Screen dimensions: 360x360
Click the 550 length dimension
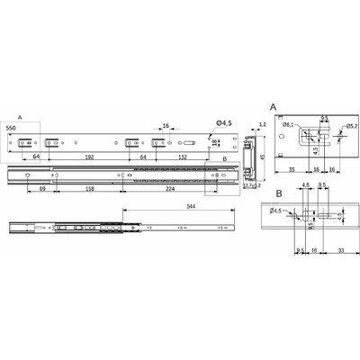coord(12,130)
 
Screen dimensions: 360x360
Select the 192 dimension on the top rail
coord(89,156)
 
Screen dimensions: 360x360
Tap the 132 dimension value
coord(184,156)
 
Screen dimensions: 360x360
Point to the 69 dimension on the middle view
coord(42,190)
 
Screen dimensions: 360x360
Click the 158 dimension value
coord(92,190)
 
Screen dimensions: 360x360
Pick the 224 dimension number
coord(171,190)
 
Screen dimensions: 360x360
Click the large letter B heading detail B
coord(279,193)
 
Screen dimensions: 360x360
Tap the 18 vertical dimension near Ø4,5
coord(215,142)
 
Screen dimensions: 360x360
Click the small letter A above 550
coord(20,118)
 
